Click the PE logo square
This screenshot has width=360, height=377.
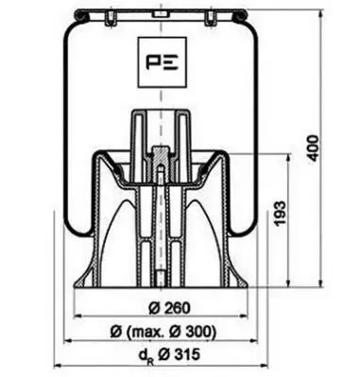[162, 62]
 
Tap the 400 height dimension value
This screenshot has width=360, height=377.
[313, 148]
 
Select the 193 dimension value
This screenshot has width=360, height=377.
[280, 213]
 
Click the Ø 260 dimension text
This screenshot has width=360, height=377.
[169, 308]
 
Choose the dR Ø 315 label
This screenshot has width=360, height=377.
[169, 356]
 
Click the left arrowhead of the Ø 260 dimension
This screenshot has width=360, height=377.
[77, 316]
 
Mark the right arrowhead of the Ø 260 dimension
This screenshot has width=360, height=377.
[245, 316]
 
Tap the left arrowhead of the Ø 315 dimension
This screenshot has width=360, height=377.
[58, 366]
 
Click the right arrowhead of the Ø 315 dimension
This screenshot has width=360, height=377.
[264, 366]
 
